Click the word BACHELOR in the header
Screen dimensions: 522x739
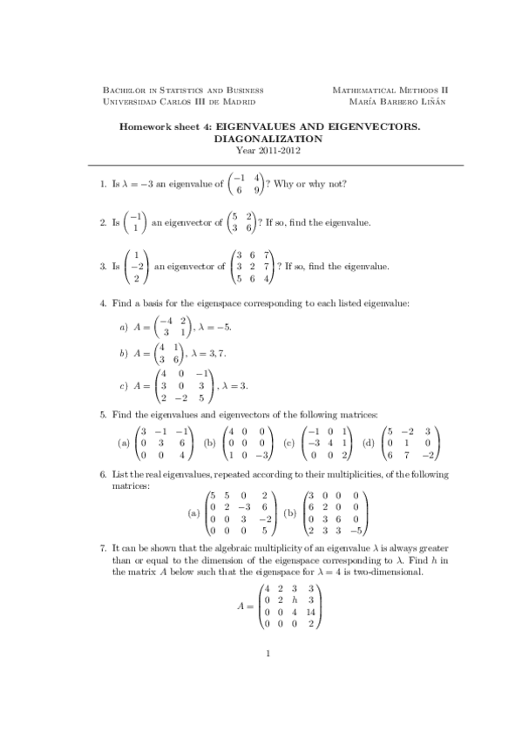122,91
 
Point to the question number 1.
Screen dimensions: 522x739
103,185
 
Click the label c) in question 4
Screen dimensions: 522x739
123,384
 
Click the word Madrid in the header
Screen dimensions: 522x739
238,102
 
